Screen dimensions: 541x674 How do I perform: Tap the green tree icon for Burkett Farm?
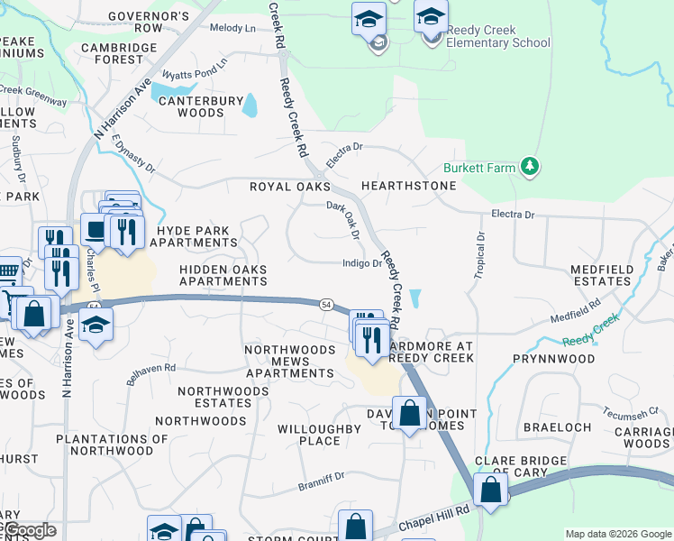tap(530, 167)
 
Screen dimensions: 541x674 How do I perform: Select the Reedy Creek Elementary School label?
tap(498, 36)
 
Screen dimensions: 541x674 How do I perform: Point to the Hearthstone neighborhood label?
tap(408, 186)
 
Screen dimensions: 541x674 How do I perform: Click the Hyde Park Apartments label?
tap(196, 236)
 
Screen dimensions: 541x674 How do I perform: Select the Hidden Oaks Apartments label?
tap(223, 275)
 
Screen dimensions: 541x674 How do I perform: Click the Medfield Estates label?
tap(602, 275)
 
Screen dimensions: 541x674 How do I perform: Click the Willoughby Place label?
tap(308, 435)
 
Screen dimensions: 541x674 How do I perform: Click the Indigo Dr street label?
tap(362, 263)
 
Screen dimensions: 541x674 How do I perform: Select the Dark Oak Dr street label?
tap(343, 221)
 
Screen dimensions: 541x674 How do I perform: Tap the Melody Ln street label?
tap(232, 29)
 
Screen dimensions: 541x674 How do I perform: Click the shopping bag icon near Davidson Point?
tap(410, 414)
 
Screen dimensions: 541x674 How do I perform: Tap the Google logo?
tap(29, 531)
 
